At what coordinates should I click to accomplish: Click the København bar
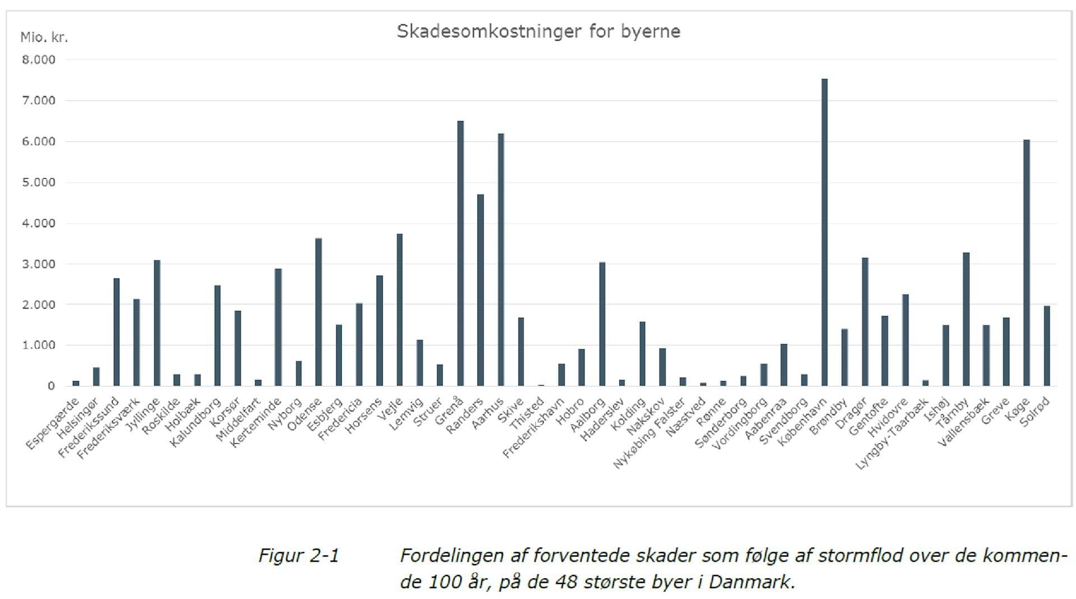pos(824,232)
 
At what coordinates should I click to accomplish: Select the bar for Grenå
pos(461,253)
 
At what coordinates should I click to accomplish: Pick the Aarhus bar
pos(501,259)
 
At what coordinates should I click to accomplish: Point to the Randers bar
pos(480,290)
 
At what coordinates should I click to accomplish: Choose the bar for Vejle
pos(400,309)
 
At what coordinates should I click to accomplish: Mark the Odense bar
pos(318,312)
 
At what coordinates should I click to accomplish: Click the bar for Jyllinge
pos(157,323)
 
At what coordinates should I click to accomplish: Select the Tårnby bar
pos(966,319)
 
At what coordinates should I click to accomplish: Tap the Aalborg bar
pos(602,324)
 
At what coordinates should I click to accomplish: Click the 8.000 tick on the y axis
pos(39,60)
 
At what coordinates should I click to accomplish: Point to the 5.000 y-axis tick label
pos(39,183)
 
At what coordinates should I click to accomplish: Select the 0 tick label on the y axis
pos(51,386)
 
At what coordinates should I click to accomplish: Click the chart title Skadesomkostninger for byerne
pos(538,31)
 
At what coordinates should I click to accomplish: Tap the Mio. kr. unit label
pos(44,38)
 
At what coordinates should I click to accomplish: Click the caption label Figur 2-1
pos(299,555)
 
